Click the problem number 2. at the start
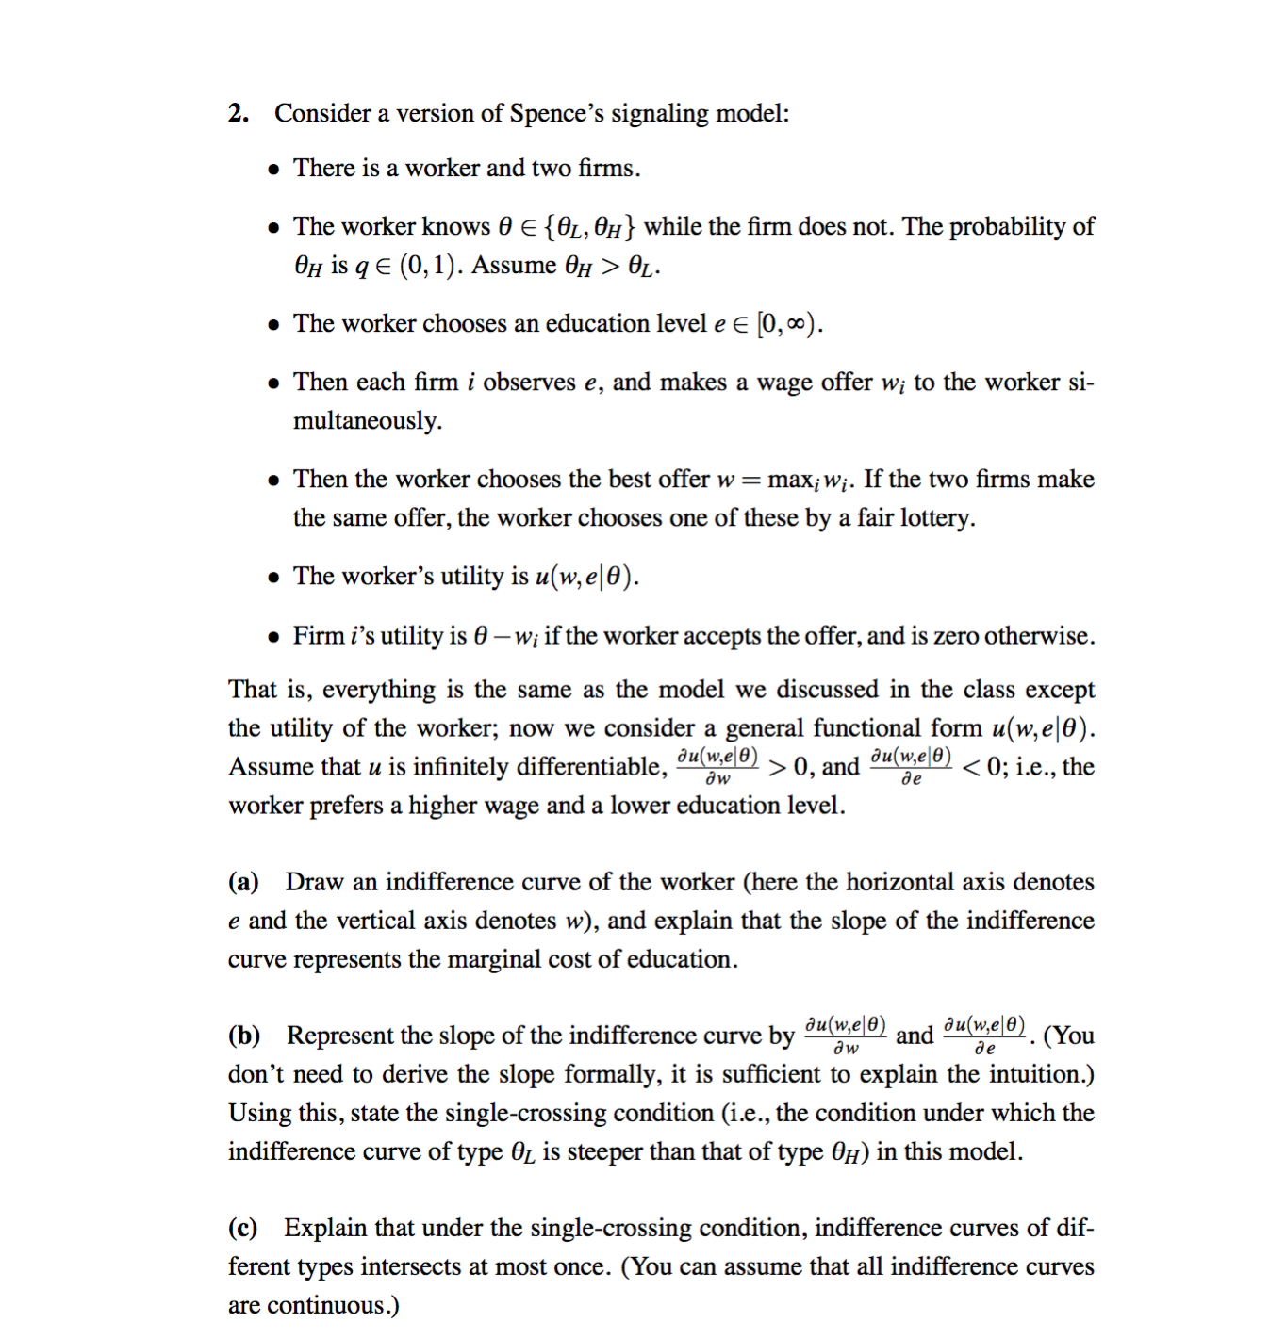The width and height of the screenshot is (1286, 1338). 239,114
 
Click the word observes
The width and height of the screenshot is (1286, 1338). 529,382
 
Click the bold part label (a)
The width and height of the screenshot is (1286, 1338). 243,882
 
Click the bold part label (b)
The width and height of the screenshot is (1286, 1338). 244,1036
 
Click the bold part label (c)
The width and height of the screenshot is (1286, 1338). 243,1228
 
